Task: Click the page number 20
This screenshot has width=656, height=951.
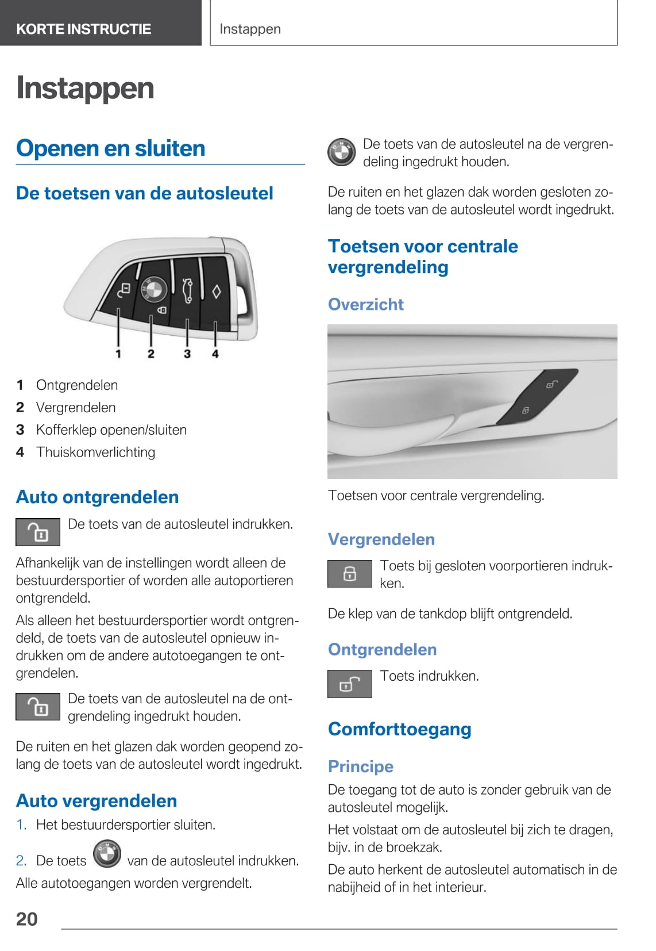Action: coord(27,919)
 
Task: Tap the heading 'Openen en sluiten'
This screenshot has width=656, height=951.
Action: coord(111,148)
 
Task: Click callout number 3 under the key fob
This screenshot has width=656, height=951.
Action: coord(187,354)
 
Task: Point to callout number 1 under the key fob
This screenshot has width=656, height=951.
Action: coord(118,354)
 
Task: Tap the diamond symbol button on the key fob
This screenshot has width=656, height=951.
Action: coord(217,292)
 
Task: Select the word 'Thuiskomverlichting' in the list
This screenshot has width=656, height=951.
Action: coord(95,453)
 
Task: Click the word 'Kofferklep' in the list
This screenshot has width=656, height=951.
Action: coord(63,430)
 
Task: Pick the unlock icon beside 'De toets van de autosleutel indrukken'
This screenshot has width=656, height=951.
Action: coord(38,532)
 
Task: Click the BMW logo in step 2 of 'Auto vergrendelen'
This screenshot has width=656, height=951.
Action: coord(107,854)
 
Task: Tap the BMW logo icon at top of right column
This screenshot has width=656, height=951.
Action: coord(342,153)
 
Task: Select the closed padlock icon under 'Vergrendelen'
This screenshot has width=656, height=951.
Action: coord(350,574)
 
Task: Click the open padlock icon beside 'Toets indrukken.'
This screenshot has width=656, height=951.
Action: coord(350,684)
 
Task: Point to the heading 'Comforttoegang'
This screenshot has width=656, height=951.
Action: coord(400,729)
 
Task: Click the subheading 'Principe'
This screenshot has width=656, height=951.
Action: coord(361,766)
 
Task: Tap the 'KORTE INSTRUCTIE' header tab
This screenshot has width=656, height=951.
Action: coord(84,29)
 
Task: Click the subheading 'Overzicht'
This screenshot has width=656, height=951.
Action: coord(366,304)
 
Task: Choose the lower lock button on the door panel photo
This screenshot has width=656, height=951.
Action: coord(525,410)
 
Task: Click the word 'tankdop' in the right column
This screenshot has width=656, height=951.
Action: coord(426,614)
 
